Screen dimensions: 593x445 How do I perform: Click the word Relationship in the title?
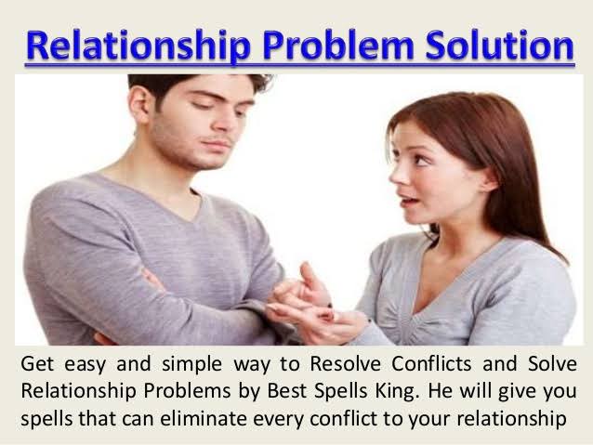pyautogui.click(x=138, y=46)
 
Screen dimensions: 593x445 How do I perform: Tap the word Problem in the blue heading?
pyautogui.click(x=338, y=46)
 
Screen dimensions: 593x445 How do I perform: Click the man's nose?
pyautogui.click(x=223, y=122)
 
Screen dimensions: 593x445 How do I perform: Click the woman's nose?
pyautogui.click(x=396, y=175)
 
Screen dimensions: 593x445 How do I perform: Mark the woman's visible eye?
pyautogui.click(x=419, y=160)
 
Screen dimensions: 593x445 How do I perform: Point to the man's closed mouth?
pyautogui.click(x=217, y=144)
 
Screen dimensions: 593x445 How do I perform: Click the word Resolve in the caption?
pyautogui.click(x=345, y=364)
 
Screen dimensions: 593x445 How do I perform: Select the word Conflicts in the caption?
pyautogui.click(x=431, y=364)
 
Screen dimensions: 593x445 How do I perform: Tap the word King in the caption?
pyautogui.click(x=397, y=391)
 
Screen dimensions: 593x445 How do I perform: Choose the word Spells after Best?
pyautogui.click(x=340, y=392)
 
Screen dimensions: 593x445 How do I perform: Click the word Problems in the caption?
pyautogui.click(x=187, y=391)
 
